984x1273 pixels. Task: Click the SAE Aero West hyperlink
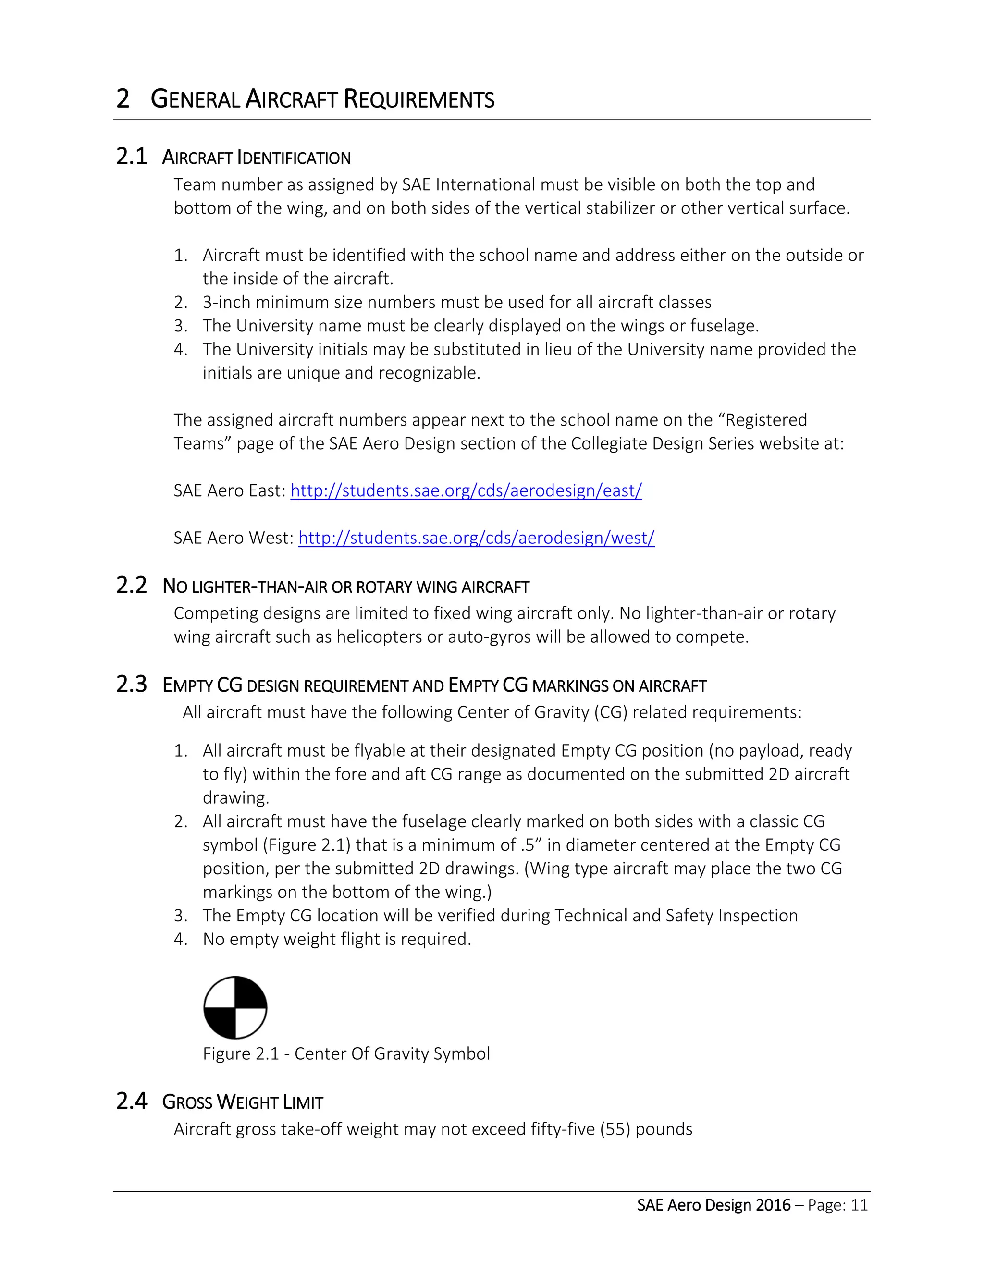click(476, 538)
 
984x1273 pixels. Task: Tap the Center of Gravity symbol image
click(235, 1007)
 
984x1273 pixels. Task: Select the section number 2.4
click(131, 1101)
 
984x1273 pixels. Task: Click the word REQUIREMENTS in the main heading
click(418, 99)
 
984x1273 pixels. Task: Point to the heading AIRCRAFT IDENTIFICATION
click(256, 158)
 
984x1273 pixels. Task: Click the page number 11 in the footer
click(859, 1205)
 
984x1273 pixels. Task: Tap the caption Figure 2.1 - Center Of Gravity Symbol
click(346, 1053)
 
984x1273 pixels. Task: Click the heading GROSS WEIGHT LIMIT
click(243, 1102)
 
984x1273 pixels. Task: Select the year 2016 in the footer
click(773, 1205)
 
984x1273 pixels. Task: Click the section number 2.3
click(131, 684)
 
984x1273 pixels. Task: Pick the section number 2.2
click(131, 585)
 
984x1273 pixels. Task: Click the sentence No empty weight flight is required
click(336, 939)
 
